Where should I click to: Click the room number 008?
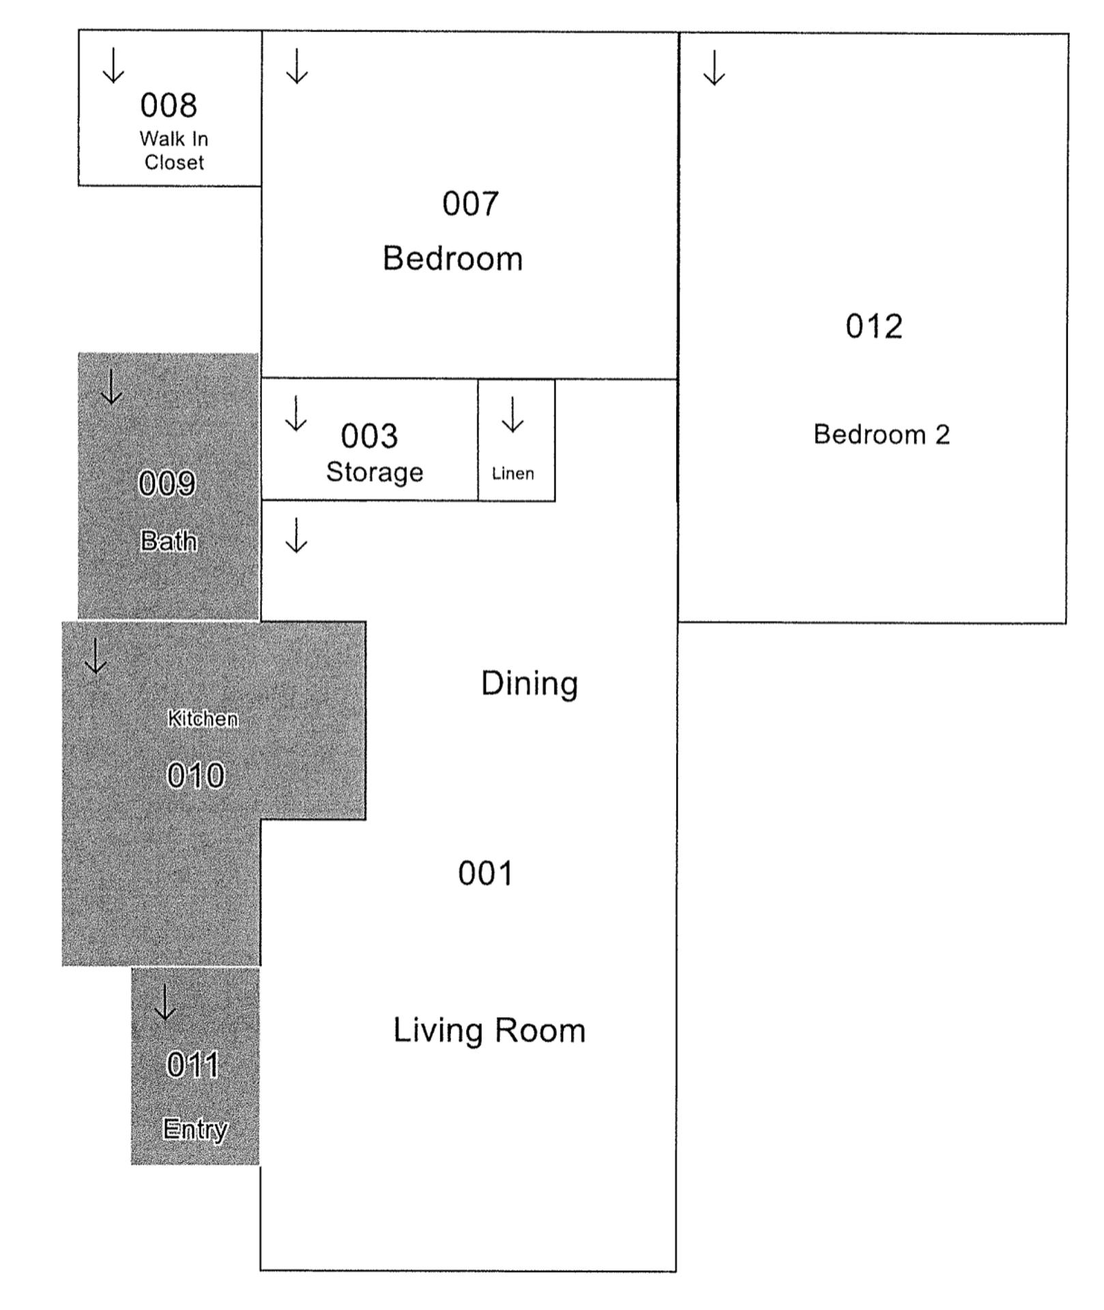point(169,106)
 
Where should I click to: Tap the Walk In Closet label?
point(174,151)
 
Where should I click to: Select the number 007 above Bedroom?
point(470,204)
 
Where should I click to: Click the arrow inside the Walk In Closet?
point(113,65)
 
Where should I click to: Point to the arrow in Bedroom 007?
point(297,66)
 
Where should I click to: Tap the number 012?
point(874,326)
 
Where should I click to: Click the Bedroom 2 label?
point(882,435)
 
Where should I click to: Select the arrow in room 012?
point(714,68)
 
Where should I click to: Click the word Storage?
point(375,472)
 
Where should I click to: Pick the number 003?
point(369,437)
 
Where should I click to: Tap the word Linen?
point(513,474)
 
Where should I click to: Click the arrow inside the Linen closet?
point(512,415)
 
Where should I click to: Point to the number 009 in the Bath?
point(167,484)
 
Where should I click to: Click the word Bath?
point(169,541)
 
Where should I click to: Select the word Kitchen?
point(203,718)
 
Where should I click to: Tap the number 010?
point(196,776)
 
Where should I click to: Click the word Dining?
point(529,684)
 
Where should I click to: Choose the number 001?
point(485,873)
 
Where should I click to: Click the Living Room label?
point(489,1030)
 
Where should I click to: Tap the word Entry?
point(195,1129)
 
